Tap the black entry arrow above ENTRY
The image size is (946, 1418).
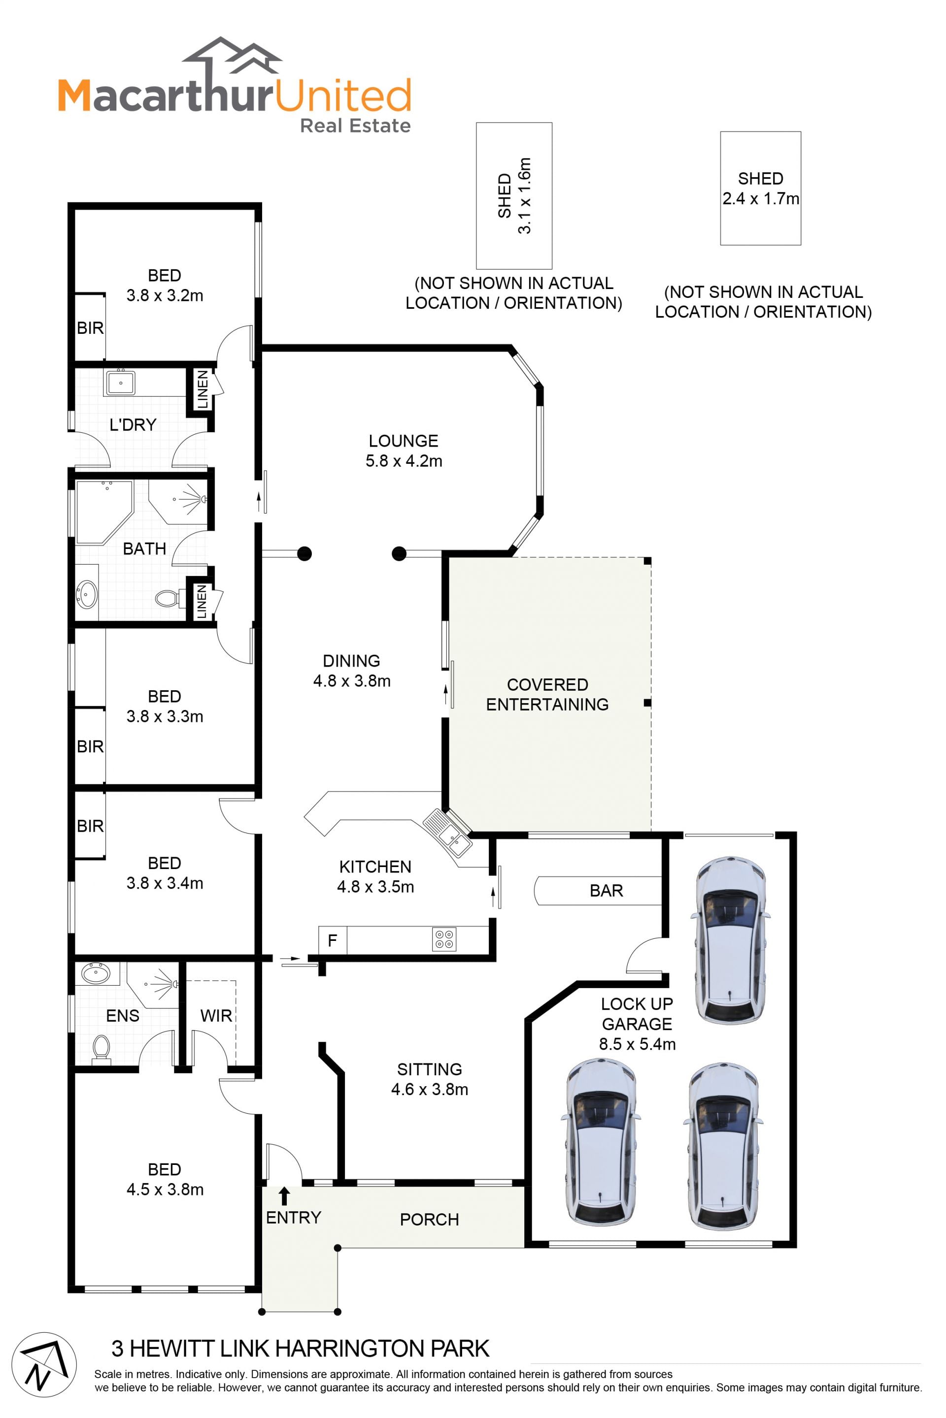point(284,1195)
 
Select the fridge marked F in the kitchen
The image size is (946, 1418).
point(333,940)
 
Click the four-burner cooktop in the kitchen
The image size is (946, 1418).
point(444,939)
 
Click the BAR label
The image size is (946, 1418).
point(607,891)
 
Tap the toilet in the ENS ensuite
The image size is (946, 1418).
point(101,1049)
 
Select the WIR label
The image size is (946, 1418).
point(216,1016)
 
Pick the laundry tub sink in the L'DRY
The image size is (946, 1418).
point(120,382)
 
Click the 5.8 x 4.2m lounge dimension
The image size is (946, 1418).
point(404,461)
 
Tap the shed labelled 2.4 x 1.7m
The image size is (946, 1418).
point(760,188)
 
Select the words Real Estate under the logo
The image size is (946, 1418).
point(355,126)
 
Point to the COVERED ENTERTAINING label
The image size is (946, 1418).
point(547,695)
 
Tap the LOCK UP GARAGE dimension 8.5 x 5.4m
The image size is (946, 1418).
point(637,1044)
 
